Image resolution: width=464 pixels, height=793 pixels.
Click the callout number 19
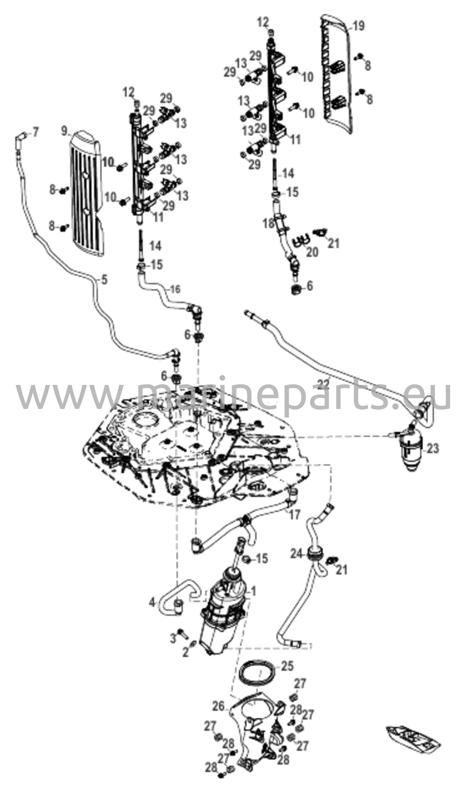tap(358, 26)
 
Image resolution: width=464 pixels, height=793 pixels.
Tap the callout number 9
tap(65, 131)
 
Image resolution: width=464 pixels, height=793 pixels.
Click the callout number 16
tap(175, 289)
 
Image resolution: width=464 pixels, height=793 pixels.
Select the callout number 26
tap(218, 706)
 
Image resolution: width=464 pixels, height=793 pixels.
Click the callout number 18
tap(268, 224)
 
